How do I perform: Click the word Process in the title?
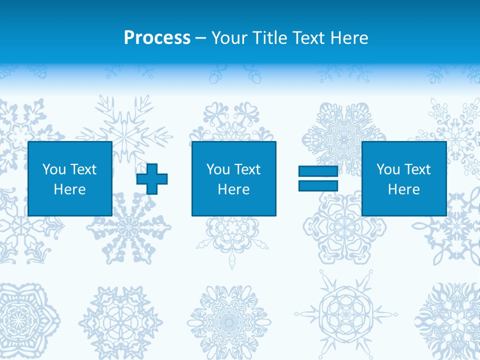click(157, 38)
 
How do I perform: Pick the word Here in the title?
click(350, 38)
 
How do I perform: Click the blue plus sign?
click(152, 178)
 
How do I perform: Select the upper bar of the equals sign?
click(318, 171)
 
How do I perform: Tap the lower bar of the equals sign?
click(318, 186)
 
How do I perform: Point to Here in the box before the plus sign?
click(69, 189)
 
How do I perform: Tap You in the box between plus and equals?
click(217, 169)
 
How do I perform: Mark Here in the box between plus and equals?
click(233, 189)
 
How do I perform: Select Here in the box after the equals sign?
click(403, 189)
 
